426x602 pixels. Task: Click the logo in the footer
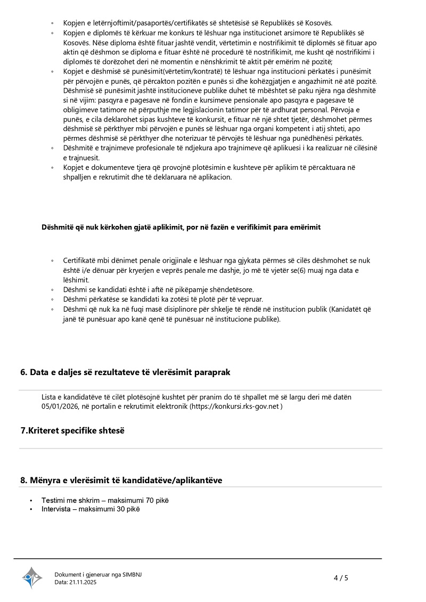[32, 577]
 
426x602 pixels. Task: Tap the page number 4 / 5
[341, 577]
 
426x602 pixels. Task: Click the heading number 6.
[23, 372]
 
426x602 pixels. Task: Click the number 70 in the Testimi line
[150, 500]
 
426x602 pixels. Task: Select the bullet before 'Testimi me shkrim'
[31, 501]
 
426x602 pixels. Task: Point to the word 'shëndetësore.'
[227, 290]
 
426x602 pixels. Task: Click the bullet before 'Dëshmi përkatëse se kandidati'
[52, 299]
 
